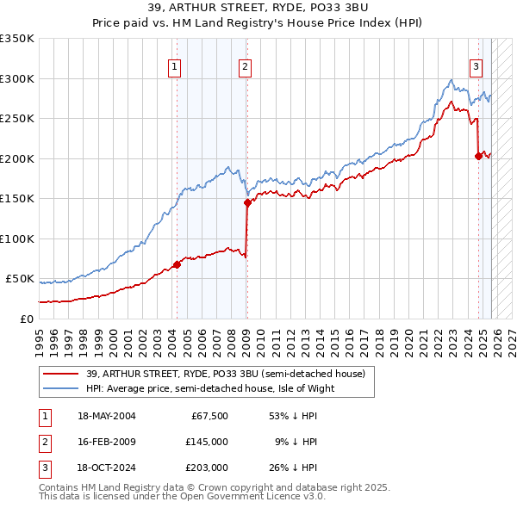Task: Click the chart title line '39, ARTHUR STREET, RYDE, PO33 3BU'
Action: [x=258, y=7]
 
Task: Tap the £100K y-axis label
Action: [x=17, y=239]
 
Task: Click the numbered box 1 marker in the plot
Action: [x=175, y=66]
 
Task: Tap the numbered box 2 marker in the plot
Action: [x=245, y=66]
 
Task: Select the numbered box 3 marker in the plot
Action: [x=476, y=66]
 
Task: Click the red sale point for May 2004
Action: [x=178, y=264]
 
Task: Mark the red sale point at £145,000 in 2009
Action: [x=247, y=203]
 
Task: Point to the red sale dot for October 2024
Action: [x=479, y=156]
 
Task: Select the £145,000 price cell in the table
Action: [x=206, y=442]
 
